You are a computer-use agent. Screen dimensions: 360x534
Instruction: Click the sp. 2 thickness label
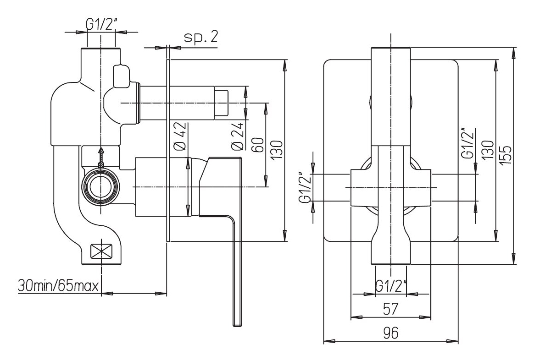tap(200, 38)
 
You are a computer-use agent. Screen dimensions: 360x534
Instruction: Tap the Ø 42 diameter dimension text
tap(180, 136)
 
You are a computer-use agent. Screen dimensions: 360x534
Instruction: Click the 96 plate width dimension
tap(391, 333)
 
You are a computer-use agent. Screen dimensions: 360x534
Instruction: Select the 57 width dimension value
tap(391, 309)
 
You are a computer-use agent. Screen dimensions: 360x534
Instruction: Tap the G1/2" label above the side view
tap(100, 25)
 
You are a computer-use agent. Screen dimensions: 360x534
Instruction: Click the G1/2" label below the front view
tap(391, 286)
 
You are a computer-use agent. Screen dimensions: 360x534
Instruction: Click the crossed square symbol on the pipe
tap(102, 251)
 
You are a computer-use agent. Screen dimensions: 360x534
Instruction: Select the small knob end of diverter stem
tap(222, 103)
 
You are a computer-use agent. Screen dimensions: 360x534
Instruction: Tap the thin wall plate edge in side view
tap(168, 151)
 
